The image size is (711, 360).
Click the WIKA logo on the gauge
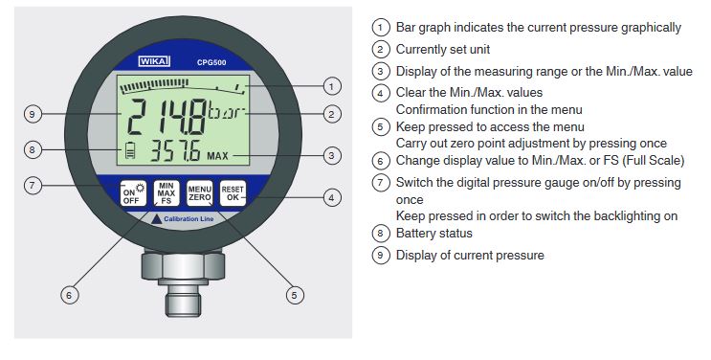[x=155, y=61]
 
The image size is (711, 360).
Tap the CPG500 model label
[x=211, y=62]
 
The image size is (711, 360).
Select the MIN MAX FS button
[x=167, y=193]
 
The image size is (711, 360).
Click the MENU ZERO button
[x=200, y=193]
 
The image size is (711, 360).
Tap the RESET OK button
[x=233, y=193]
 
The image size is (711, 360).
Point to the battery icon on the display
[x=130, y=150]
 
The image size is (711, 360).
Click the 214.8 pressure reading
[x=166, y=116]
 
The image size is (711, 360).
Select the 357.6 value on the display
[x=175, y=150]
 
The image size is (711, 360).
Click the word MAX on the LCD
[x=217, y=156]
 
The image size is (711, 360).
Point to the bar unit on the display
[x=226, y=111]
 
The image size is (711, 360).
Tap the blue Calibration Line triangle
[x=156, y=219]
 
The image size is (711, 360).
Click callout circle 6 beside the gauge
[x=69, y=295]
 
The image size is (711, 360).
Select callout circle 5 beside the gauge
[x=295, y=296]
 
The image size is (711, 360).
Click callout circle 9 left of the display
[x=33, y=114]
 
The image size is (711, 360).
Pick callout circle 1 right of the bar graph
[x=331, y=86]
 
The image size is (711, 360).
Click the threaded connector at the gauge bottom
[x=183, y=298]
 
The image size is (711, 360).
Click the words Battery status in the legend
[x=433, y=234]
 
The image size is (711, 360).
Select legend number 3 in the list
[x=381, y=71]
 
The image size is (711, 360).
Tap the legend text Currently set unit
[x=442, y=50]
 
